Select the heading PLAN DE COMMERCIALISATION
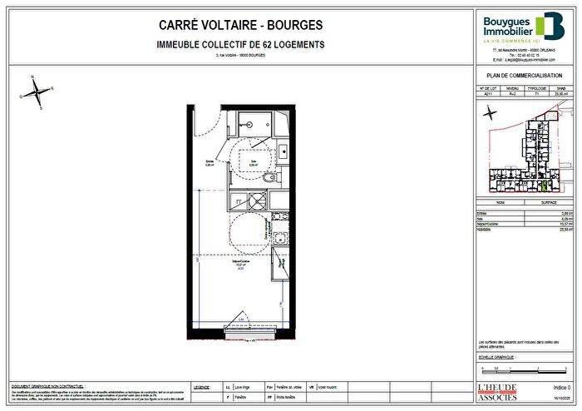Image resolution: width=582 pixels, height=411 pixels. coord(525,76)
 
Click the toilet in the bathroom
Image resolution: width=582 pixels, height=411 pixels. coord(269,177)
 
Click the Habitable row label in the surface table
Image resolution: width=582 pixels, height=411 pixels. coord(485,227)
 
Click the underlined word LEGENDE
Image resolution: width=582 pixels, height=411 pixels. coord(201,387)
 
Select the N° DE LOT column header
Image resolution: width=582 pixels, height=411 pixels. coord(489,86)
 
